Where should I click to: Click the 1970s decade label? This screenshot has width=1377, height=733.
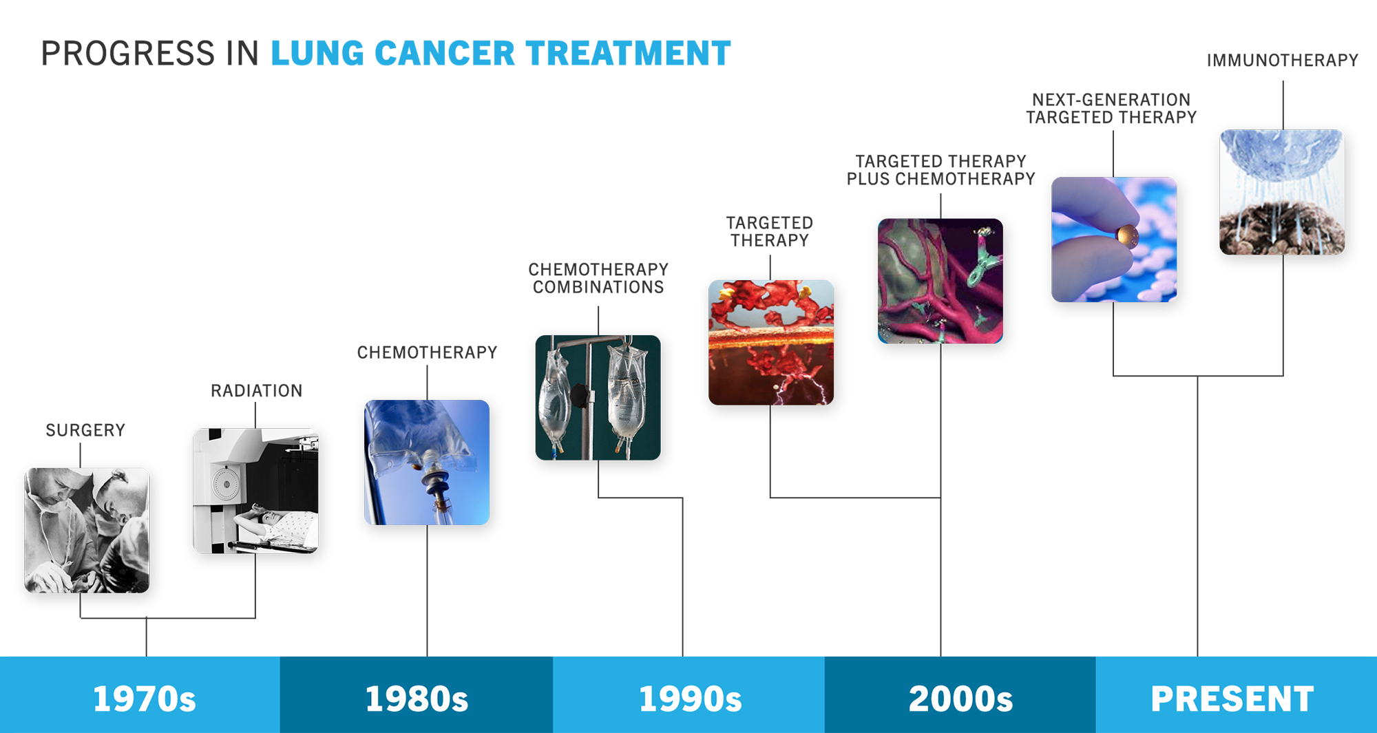pos(145,699)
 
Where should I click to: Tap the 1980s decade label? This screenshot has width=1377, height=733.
pos(417,699)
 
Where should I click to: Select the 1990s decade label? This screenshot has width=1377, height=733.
pos(691,699)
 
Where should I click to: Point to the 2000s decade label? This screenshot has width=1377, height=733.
pos(960,699)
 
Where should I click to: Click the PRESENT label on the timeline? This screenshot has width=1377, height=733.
pos(1232,699)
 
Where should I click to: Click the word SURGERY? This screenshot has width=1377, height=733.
pos(85,430)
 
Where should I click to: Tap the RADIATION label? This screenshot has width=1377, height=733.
pos(256,391)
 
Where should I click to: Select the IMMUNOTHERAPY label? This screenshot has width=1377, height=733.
pos(1283,61)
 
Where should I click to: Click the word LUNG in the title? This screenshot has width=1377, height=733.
pos(317,54)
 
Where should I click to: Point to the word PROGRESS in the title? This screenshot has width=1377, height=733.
pos(128,54)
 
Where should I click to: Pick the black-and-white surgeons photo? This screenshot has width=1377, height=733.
pos(87,531)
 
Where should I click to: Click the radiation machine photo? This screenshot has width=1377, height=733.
pos(255,491)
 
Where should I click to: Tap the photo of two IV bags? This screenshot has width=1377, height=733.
pos(598,397)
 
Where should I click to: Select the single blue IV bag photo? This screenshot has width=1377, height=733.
pos(427,463)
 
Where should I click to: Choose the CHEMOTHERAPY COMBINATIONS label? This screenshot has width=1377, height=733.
pos(598,278)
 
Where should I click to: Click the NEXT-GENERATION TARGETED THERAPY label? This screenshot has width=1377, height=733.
pos(1111,109)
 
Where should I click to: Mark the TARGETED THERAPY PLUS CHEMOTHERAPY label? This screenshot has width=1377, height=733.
pos(940,170)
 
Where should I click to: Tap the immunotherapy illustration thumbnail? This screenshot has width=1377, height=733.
pos(1282,192)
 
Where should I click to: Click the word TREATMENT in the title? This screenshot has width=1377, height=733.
pos(628,54)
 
